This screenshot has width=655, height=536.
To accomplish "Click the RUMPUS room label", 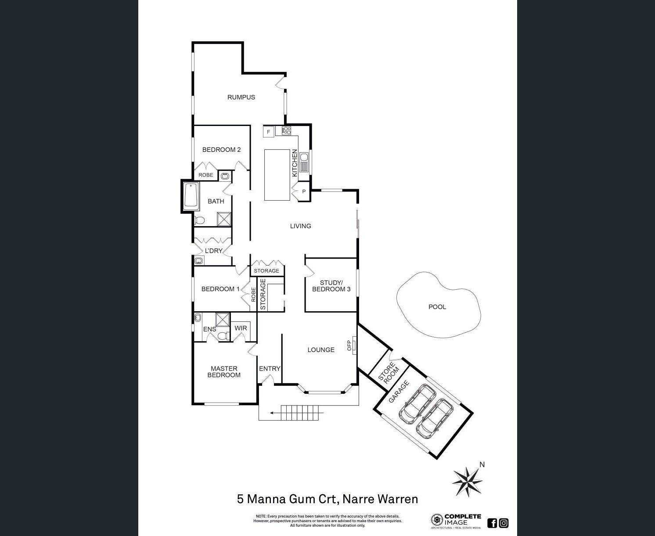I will (241, 97).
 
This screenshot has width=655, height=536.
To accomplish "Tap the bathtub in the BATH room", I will (191, 195).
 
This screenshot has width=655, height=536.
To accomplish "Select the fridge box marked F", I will (269, 131).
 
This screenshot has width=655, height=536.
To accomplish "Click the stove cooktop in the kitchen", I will (286, 130).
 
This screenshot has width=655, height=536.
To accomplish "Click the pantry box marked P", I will (303, 191).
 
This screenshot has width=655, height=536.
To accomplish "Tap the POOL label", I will (437, 307).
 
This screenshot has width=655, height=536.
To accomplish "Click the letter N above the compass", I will (482, 464).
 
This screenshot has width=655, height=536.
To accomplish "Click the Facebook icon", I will (492, 523).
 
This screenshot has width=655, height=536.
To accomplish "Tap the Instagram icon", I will (504, 523).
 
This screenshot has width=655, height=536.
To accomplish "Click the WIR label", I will (241, 328).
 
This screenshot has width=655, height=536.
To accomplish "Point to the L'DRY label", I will (214, 251).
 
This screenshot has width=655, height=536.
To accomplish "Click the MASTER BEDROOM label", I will (224, 372).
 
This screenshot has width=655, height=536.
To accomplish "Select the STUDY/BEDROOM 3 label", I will (331, 286).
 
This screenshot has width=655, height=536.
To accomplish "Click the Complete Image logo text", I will (462, 520).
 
